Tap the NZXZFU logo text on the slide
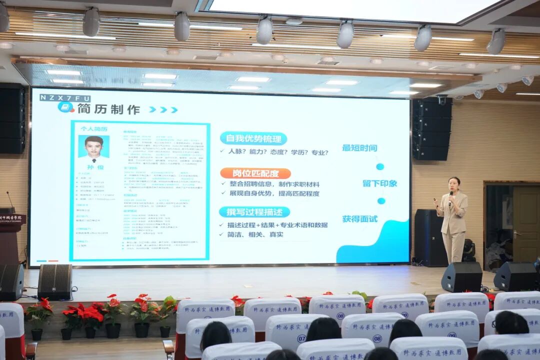65,98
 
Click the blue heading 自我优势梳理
253,138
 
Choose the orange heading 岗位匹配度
255,173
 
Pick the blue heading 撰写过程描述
254,212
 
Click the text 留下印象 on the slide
379,183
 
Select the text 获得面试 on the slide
359,219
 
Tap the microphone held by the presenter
450,195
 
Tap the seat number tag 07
301,338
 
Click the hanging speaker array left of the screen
11,118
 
